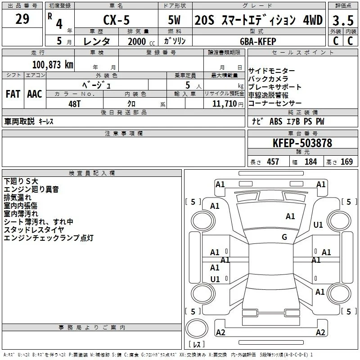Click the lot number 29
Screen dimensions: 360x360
click(22, 19)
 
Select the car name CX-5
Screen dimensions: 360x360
click(117, 20)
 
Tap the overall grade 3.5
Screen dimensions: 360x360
click(343, 21)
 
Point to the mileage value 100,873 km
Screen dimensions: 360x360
click(53, 65)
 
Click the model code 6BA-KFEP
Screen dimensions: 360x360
click(258, 41)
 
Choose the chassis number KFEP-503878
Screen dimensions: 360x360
click(302, 143)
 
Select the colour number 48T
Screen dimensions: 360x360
click(75, 104)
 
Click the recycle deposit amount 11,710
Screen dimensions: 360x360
click(225, 104)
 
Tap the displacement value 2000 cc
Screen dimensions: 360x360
click(141, 41)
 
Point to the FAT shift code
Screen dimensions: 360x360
click(13, 94)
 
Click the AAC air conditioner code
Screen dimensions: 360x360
click(35, 94)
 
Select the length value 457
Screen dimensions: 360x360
click(273, 162)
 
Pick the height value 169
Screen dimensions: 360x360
click(346, 162)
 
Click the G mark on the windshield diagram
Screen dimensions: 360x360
click(284, 237)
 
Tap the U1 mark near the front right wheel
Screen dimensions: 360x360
click(318, 225)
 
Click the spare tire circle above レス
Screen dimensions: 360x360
click(197, 328)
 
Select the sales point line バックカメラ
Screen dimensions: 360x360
click(268, 79)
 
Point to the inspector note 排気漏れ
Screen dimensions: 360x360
click(18, 198)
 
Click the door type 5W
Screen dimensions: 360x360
click(174, 20)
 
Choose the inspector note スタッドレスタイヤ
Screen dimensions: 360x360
click(34, 230)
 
